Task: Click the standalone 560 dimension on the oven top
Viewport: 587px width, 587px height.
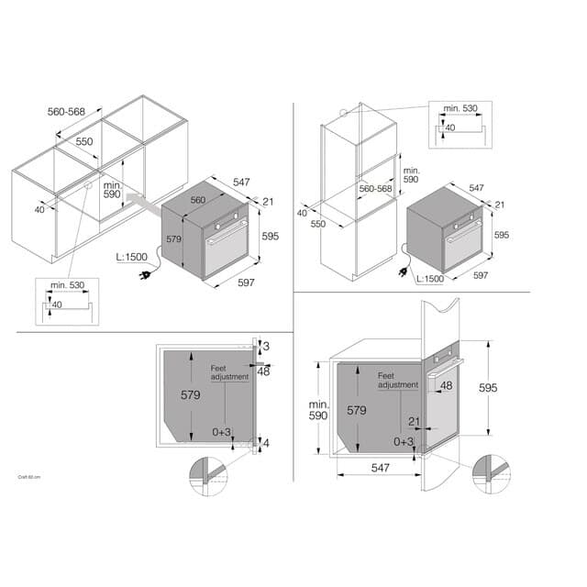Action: click(197, 200)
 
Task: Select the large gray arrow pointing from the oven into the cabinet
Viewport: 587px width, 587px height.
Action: click(138, 200)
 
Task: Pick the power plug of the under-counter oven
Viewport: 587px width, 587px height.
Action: click(144, 273)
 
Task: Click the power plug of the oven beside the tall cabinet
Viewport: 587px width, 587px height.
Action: click(401, 271)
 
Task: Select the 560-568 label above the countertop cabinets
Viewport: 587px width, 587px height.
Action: click(66, 112)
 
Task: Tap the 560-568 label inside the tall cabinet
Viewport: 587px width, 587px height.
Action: click(375, 188)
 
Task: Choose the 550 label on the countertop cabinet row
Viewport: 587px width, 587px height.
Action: click(83, 142)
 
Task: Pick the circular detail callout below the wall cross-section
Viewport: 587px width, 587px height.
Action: click(491, 472)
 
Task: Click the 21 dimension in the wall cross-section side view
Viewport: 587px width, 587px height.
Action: click(415, 421)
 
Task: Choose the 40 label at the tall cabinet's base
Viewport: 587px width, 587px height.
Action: click(303, 214)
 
